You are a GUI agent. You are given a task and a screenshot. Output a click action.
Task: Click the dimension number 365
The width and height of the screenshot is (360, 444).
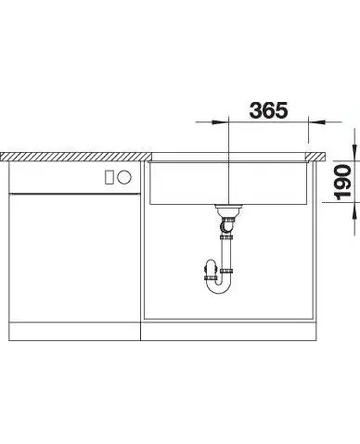pos(268,110)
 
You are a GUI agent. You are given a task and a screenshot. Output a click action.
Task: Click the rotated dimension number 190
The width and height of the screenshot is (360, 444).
pos(343,183)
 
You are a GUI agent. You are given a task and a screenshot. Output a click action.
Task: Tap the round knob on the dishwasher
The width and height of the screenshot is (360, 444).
pos(124,177)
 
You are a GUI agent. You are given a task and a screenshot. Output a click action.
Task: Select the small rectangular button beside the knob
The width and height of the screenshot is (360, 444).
pos(109,177)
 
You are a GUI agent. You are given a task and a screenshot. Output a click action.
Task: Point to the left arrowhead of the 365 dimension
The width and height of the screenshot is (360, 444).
pos(217,122)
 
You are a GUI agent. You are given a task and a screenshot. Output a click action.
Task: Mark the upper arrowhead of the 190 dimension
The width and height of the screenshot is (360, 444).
pos(354,152)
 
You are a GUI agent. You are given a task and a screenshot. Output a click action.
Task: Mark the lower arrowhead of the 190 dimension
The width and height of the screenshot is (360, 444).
pos(354,210)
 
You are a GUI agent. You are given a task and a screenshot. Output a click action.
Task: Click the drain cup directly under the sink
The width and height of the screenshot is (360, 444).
pos(228,210)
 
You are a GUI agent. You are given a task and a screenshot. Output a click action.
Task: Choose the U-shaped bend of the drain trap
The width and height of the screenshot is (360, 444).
pos(218,285)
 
